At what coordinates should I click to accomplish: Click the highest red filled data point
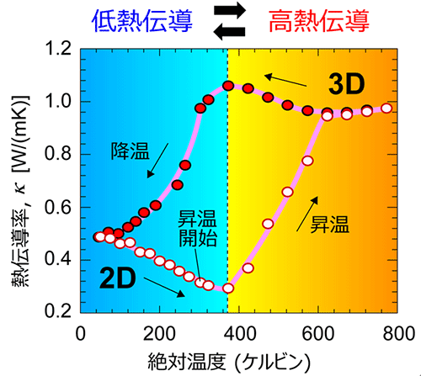point(228,86)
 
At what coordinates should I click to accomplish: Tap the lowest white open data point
point(227,289)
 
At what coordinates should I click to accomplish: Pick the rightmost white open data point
point(386,109)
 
